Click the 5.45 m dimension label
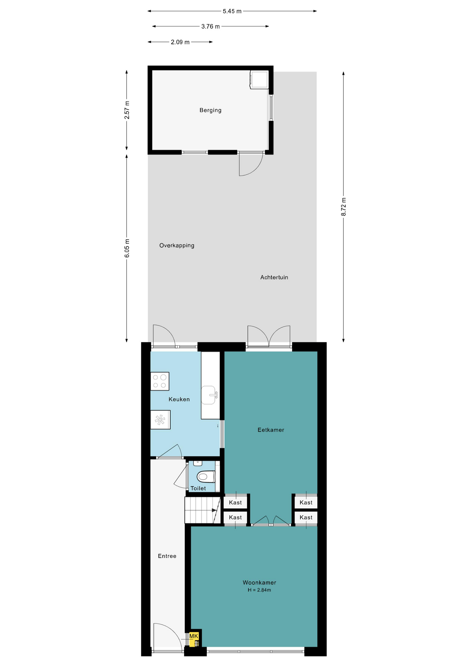tap(232, 11)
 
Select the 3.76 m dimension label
tap(210, 26)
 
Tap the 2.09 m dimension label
tap(180, 42)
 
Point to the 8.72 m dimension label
tap(344, 207)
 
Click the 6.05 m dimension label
tap(127, 248)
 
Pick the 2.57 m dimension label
tap(127, 110)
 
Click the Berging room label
tap(210, 110)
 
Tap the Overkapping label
tap(177, 246)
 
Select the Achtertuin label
tap(274, 277)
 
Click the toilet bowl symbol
tap(206, 477)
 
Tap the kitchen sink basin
tap(209, 395)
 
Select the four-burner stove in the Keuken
tap(160, 381)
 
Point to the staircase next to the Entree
tap(202, 510)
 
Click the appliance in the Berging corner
tap(259, 80)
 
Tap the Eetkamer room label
tap(271, 430)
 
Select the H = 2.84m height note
tap(259, 590)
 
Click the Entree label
tap(167, 556)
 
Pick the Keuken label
tap(179, 399)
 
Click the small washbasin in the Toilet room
tap(198, 463)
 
